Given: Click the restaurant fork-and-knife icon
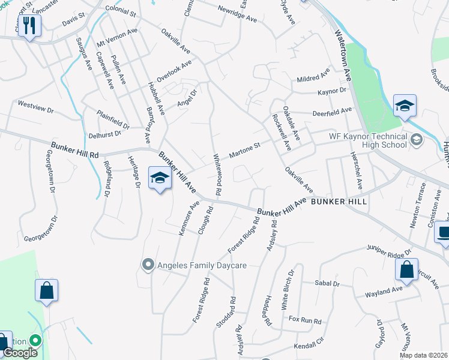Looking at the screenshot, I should point(29,26).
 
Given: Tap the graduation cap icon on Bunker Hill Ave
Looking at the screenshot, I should point(160,179).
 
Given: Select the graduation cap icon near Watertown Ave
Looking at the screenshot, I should point(405,106).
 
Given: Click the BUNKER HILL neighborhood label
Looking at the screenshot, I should point(339,202).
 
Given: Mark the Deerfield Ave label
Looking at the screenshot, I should point(332,112).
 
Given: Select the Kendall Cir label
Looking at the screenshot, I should point(309,346).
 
